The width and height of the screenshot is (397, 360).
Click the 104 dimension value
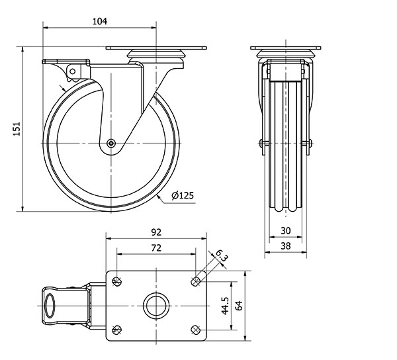(100, 21)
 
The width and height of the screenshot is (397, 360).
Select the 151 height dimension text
(17, 129)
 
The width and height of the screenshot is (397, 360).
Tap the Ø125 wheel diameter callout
(183, 195)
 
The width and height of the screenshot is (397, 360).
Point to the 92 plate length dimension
(156, 232)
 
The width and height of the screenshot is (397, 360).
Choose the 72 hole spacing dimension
(156, 248)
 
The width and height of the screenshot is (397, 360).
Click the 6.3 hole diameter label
(222, 255)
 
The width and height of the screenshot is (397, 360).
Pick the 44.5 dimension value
(225, 306)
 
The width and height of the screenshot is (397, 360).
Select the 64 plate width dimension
(239, 305)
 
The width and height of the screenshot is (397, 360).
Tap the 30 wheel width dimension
(286, 231)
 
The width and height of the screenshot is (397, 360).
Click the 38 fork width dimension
(286, 246)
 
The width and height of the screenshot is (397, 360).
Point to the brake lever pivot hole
(72, 71)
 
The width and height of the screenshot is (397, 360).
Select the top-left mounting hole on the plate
(116, 281)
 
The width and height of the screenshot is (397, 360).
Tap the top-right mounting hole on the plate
(195, 281)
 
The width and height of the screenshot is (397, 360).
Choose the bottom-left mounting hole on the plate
(116, 330)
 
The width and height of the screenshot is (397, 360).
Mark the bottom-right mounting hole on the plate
(195, 330)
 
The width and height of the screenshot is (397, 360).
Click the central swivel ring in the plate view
(156, 293)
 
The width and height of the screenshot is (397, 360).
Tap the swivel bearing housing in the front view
(286, 54)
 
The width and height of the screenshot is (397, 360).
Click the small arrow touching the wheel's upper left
(63, 89)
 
